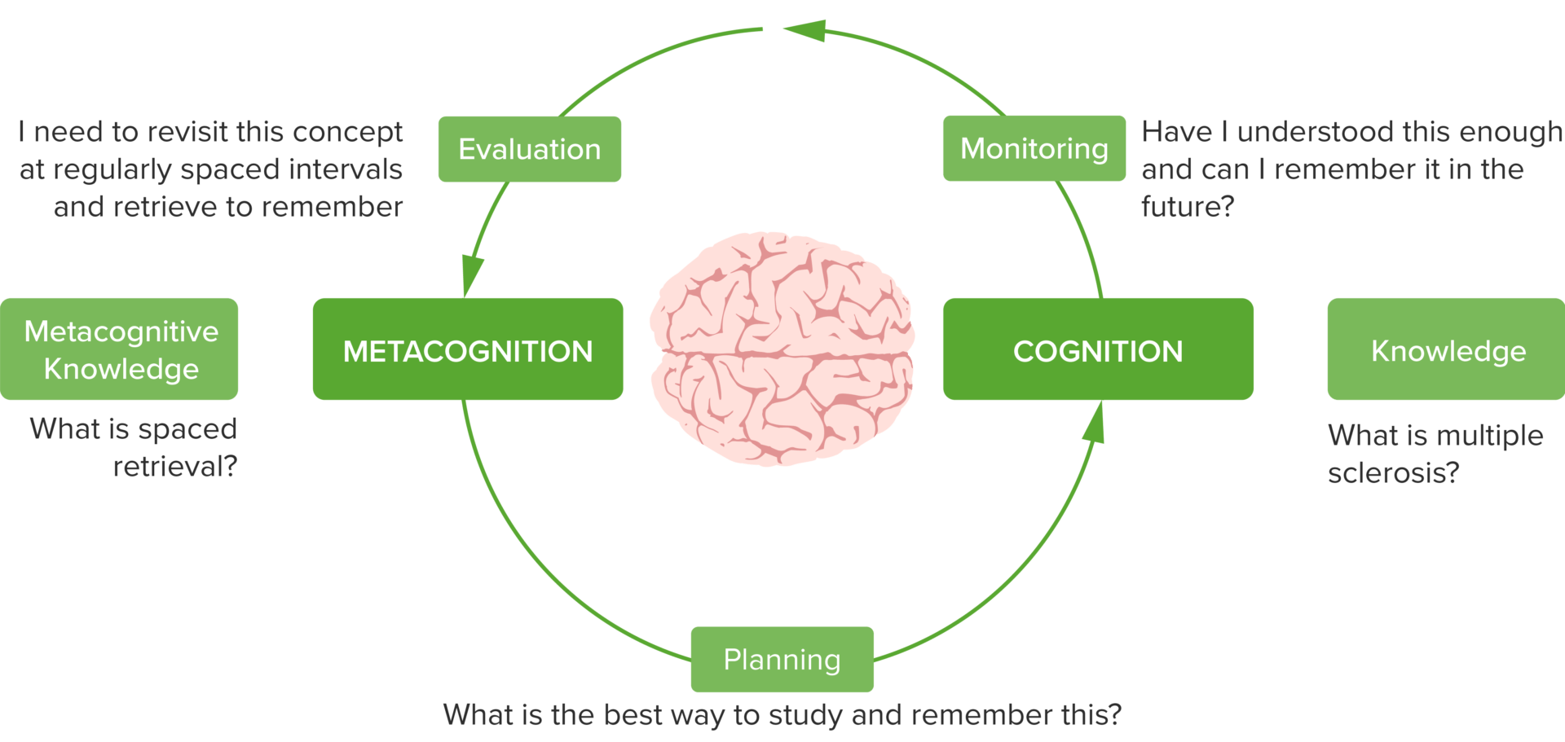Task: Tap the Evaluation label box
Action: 529,149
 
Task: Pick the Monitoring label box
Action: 1034,149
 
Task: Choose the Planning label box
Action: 782,659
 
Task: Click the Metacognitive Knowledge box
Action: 120,349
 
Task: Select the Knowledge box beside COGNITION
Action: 1447,349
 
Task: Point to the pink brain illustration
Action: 782,348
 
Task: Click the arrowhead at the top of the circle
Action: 804,30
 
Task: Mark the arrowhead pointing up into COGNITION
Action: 1095,424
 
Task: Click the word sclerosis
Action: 1393,473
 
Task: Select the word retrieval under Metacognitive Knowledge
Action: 174,467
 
